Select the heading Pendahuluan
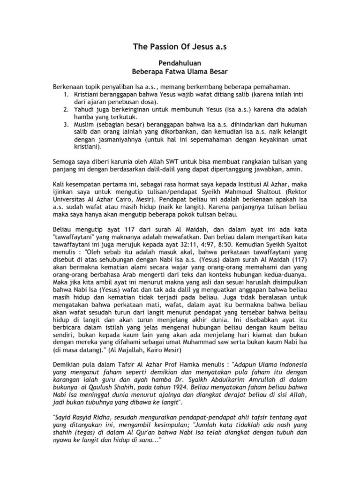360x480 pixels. coord(180,62)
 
